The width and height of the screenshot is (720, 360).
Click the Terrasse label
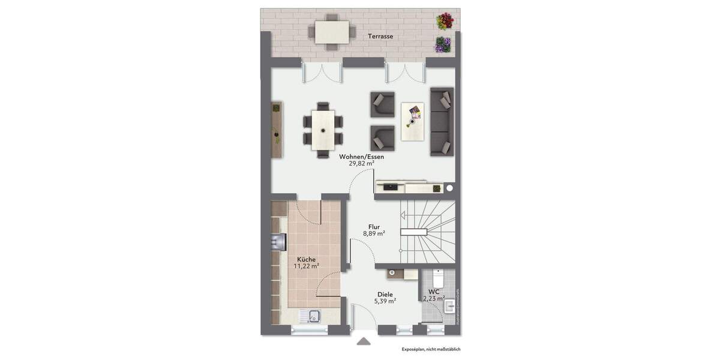pyautogui.click(x=380, y=37)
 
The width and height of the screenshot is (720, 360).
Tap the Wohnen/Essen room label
pyautogui.click(x=361, y=157)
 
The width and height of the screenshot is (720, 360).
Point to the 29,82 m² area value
pyautogui.click(x=361, y=163)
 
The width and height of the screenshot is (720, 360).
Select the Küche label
pyautogui.click(x=306, y=259)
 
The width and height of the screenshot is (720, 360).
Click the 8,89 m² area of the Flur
pyautogui.click(x=374, y=234)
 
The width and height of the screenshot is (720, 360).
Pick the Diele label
pyautogui.click(x=385, y=295)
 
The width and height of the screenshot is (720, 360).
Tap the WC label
pyautogui.click(x=434, y=292)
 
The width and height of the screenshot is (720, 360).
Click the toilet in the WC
pyautogui.click(x=437, y=278)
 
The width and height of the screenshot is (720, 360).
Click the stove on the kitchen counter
pyautogui.click(x=278, y=241)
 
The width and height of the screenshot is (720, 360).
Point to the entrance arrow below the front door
pyautogui.click(x=364, y=341)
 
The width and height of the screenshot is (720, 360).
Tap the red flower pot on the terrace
pyautogui.click(x=444, y=22)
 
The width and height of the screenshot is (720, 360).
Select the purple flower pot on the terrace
pyautogui.click(x=443, y=44)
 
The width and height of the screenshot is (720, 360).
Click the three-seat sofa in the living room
pyautogui.click(x=442, y=122)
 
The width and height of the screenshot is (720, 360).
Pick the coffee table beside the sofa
pyautogui.click(x=413, y=122)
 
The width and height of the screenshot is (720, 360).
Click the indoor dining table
pyautogui.click(x=323, y=130)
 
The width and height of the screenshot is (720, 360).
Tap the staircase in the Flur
pyautogui.click(x=427, y=232)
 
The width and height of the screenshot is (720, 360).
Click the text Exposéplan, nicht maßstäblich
pyautogui.click(x=431, y=349)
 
